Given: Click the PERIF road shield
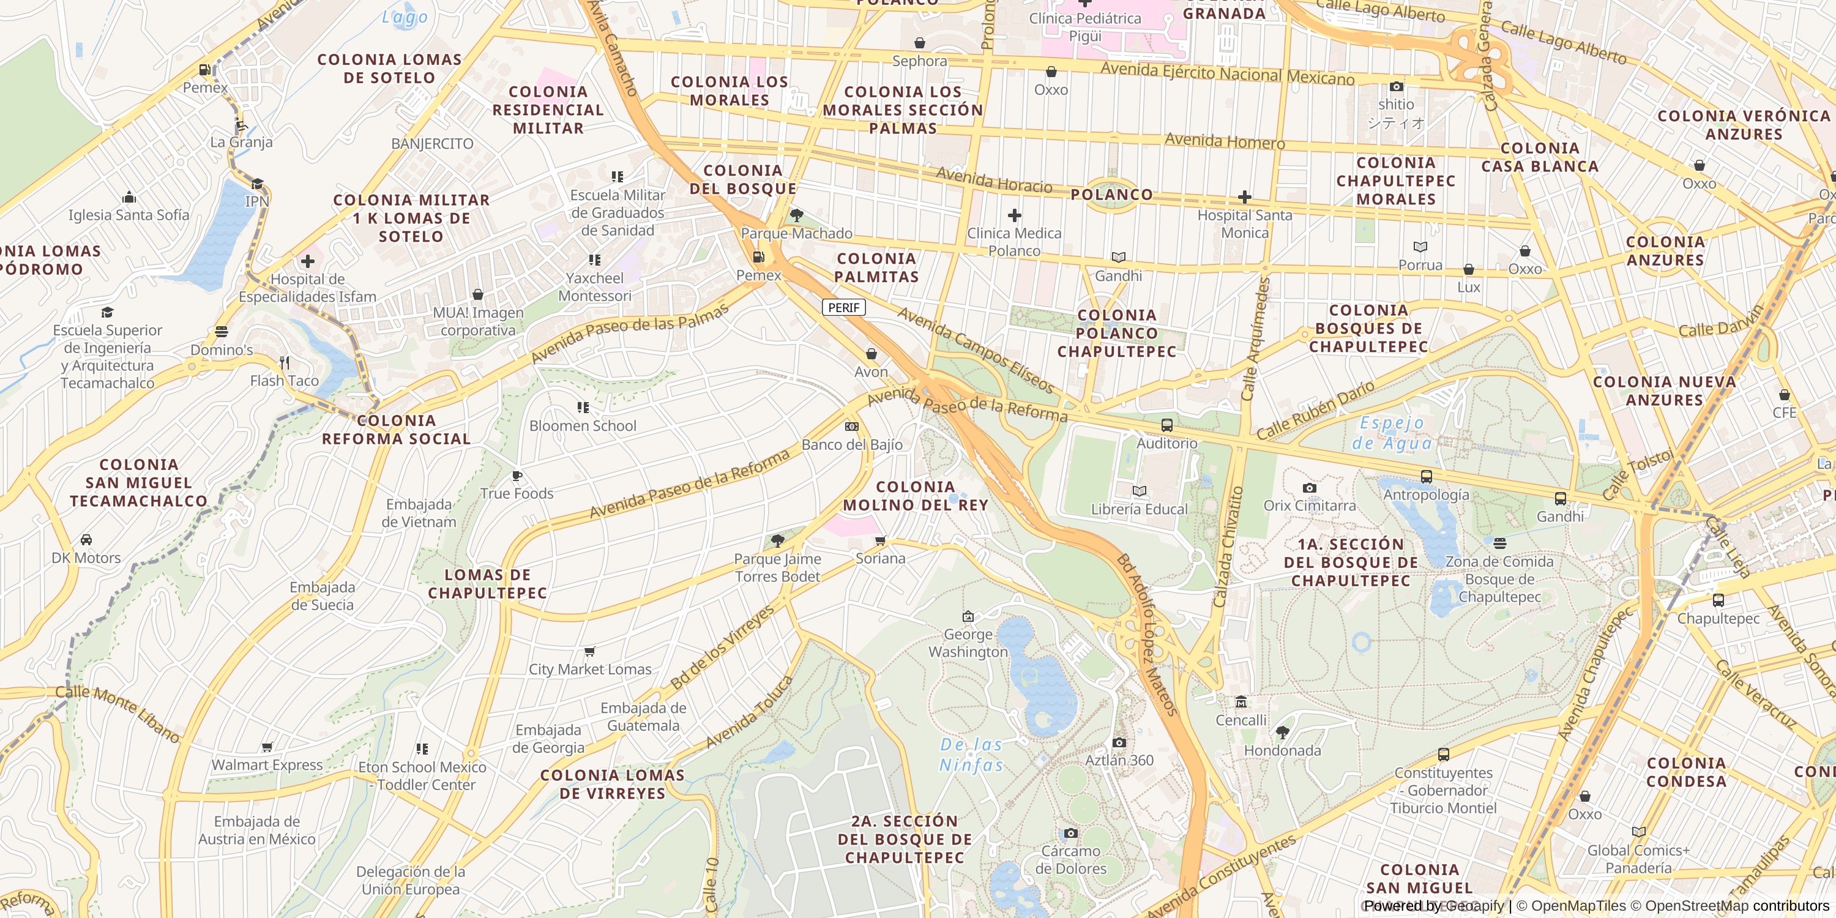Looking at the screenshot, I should pos(844,307).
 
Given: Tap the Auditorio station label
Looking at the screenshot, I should pos(1166,443).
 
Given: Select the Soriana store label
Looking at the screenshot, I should pos(880,558).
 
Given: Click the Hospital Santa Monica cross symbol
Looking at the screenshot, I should pos(1244,196).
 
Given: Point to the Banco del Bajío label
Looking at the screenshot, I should pos(852,445).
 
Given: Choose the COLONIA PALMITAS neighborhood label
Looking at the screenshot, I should pos(876,267).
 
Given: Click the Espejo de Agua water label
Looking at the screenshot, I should pos(1392,433).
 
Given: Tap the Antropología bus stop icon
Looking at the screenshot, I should pos(1426,477).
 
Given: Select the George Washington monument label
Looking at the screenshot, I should pos(968,643).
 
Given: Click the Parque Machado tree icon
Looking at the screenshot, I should pos(797,215).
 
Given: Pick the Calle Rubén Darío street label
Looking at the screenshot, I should pos(1315,411).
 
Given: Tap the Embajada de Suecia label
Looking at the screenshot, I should pos(322,596).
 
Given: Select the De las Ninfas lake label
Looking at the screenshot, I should pos(971,755).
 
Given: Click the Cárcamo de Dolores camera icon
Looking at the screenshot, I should pos(1070,833).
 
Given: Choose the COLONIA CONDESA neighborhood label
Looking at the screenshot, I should pos(1686,772).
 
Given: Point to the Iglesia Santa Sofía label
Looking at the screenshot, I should pos(129,215).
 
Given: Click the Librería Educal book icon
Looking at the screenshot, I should pos(1139,491).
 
